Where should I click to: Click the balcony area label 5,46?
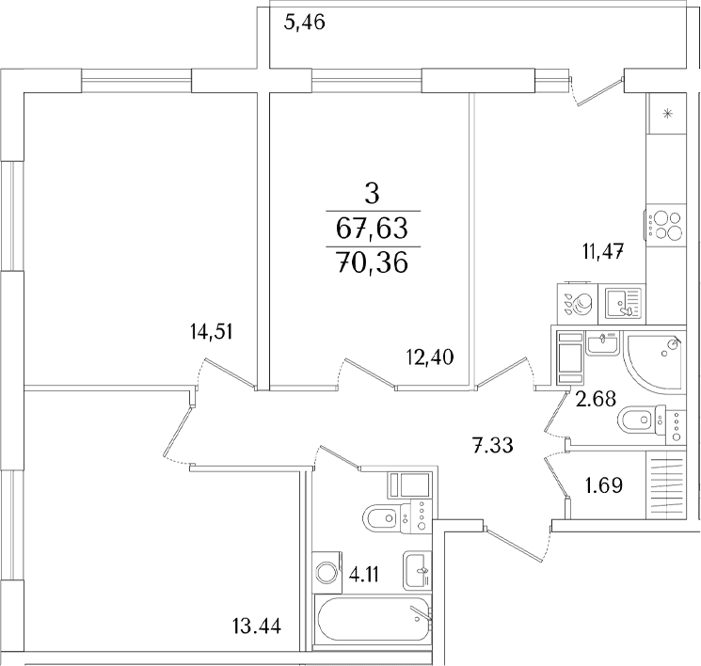305,22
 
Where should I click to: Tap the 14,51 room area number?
211,332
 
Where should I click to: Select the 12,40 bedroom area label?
430,357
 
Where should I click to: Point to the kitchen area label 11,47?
603,252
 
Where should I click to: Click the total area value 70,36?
373,262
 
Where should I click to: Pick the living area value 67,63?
373,229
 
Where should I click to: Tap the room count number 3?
372,194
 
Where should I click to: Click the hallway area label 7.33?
493,445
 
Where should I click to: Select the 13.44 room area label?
257,626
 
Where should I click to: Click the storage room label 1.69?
604,485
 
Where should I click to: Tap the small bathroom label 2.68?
596,398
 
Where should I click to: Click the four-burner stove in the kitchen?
665,225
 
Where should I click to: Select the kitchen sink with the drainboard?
622,303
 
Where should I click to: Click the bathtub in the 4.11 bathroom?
374,620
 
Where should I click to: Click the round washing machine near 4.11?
327,571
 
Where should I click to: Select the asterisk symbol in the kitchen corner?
667,114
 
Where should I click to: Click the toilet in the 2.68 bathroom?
651,420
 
